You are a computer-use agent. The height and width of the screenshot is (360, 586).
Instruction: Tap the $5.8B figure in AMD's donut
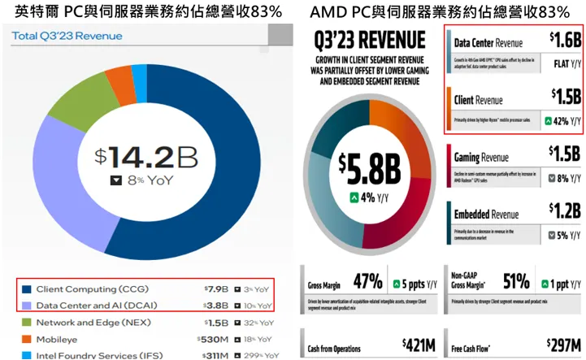pyautogui.click(x=370, y=170)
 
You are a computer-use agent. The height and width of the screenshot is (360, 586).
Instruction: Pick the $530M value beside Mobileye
pyautogui.click(x=214, y=338)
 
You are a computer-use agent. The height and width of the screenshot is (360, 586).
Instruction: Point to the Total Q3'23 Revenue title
pyautogui.click(x=67, y=36)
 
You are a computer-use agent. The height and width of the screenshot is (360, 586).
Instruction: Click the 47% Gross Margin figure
pyautogui.click(x=367, y=282)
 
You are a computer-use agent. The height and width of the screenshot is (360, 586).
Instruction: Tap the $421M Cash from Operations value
pyautogui.click(x=418, y=345)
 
